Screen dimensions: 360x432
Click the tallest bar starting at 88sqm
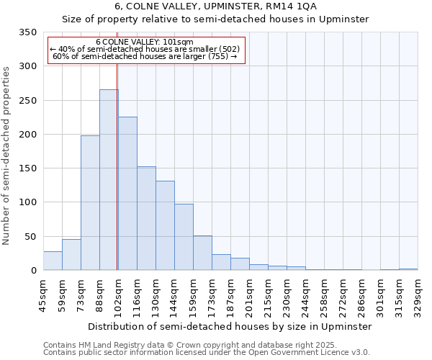point(109,180)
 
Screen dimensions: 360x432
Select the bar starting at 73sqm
point(90,202)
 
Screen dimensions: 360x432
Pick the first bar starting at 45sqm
point(53,261)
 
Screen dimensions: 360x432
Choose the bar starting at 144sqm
point(184,237)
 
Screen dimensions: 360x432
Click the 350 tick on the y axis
point(27,32)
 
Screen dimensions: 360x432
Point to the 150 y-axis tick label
point(27,168)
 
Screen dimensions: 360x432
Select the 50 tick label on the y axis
point(30,236)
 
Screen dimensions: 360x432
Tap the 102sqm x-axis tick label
point(117,294)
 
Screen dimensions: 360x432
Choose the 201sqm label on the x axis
point(249,294)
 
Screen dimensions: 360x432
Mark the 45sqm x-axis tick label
point(43,294)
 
